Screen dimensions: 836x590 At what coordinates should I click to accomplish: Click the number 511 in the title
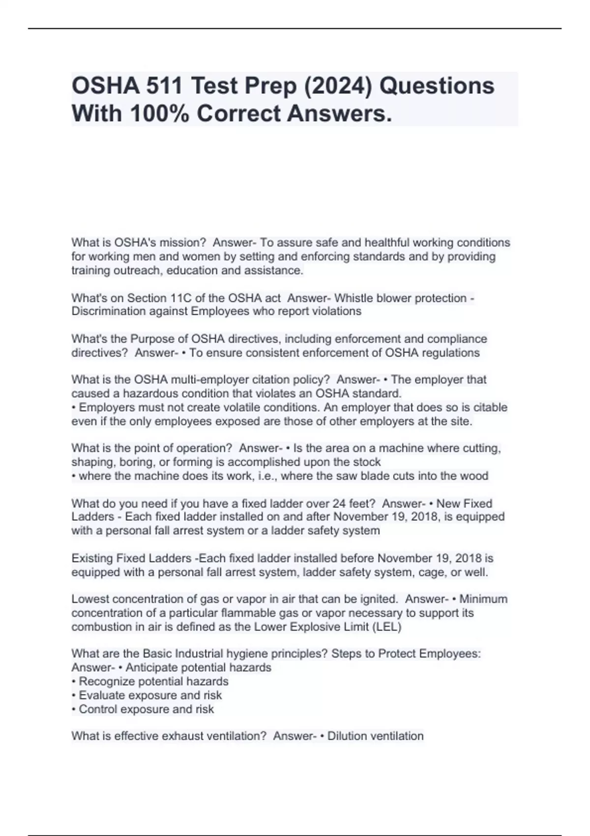165,86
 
